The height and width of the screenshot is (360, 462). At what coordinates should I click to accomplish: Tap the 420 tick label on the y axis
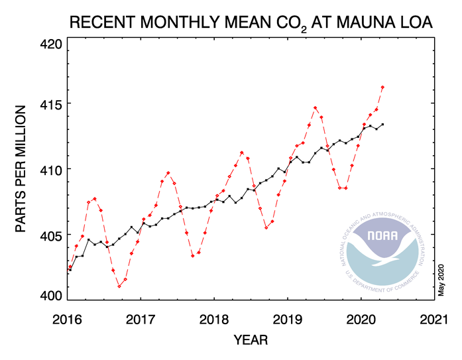tap(50, 45)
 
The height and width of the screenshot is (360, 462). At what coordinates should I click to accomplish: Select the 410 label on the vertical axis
tap(50, 170)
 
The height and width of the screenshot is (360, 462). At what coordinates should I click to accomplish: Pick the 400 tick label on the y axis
tap(50, 296)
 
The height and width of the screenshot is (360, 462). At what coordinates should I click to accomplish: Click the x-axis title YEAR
tap(251, 341)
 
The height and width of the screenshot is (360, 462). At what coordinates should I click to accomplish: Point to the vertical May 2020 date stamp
tap(441, 278)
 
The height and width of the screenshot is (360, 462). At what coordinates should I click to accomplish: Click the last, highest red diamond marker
tap(382, 88)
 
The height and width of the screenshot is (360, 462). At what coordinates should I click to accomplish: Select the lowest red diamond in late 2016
tap(119, 286)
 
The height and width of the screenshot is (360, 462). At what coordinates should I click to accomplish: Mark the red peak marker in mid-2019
tap(316, 108)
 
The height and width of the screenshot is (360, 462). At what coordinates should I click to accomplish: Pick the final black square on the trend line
tap(382, 125)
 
